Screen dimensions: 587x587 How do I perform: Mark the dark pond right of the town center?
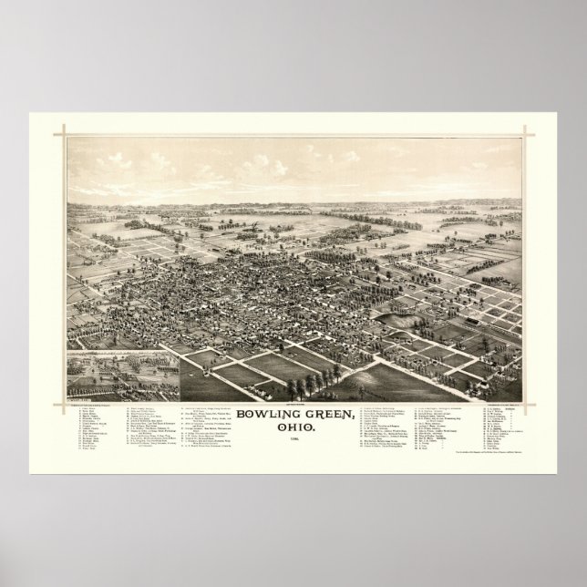[396, 320]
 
